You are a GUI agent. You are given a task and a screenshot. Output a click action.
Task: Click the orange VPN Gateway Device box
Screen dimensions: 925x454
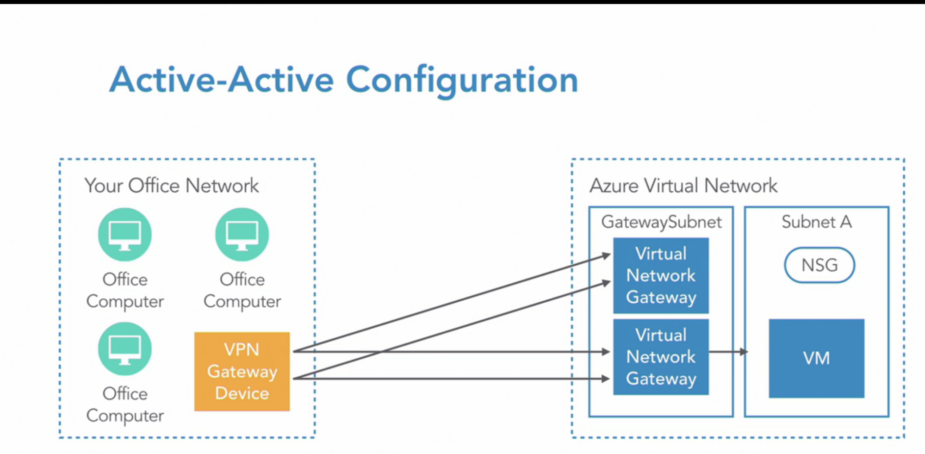tap(242, 371)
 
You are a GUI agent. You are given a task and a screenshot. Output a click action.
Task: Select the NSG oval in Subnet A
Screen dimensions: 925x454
tap(819, 265)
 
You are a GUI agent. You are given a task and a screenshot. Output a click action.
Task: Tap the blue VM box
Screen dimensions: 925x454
tap(817, 358)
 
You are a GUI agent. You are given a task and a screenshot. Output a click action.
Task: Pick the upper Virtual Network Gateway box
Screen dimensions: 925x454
tap(661, 276)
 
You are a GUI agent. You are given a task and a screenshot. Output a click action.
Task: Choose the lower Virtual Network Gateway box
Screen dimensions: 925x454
tap(661, 357)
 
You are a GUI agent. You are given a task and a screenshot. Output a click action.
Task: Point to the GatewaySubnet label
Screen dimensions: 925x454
tap(661, 223)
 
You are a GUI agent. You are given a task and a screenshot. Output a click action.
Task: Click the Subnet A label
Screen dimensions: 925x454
tap(817, 222)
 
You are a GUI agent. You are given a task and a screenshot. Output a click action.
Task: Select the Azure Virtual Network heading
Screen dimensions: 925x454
tap(683, 186)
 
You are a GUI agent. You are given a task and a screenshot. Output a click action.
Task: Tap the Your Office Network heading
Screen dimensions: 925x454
tap(171, 186)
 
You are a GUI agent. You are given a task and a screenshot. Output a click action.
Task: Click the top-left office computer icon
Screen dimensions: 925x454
tap(125, 235)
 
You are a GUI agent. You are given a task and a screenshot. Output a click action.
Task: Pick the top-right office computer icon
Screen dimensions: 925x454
tap(242, 235)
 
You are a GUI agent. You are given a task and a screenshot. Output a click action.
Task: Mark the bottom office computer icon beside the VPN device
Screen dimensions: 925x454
tap(125, 349)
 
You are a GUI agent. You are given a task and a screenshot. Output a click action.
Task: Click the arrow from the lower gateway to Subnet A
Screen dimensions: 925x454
tap(728, 352)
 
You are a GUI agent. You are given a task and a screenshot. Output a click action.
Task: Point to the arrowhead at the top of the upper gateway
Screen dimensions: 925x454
tap(606, 255)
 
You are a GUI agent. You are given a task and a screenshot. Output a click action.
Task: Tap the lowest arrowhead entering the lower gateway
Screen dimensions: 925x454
tap(606, 379)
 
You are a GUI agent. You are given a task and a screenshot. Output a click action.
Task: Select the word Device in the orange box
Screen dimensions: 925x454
tap(242, 393)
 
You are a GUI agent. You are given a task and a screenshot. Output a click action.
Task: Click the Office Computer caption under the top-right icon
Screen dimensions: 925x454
tap(242, 291)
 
